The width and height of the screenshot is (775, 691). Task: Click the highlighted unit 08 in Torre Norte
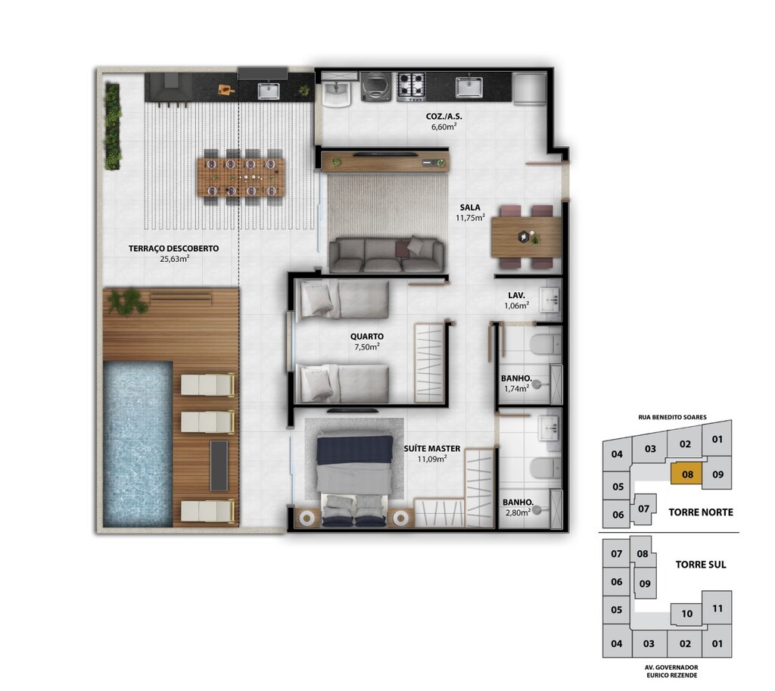click(687, 475)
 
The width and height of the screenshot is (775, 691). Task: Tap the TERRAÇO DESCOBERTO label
click(173, 248)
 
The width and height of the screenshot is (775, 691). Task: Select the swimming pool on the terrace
click(138, 444)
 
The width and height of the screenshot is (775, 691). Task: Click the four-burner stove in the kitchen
click(412, 87)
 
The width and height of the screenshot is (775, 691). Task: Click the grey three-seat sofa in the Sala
click(387, 255)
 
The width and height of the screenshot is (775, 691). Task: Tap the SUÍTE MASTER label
click(432, 449)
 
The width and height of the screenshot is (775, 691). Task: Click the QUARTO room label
click(367, 337)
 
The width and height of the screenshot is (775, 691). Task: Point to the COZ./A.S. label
click(444, 117)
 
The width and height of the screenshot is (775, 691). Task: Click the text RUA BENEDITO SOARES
click(672, 417)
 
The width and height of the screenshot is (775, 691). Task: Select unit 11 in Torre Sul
click(717, 609)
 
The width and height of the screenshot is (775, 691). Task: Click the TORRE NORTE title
click(700, 512)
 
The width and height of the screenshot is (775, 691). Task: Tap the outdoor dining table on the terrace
click(241, 177)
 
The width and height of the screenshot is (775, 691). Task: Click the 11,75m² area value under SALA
click(470, 217)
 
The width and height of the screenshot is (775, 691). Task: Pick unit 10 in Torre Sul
click(686, 614)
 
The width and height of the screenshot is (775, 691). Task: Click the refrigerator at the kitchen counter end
click(529, 89)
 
